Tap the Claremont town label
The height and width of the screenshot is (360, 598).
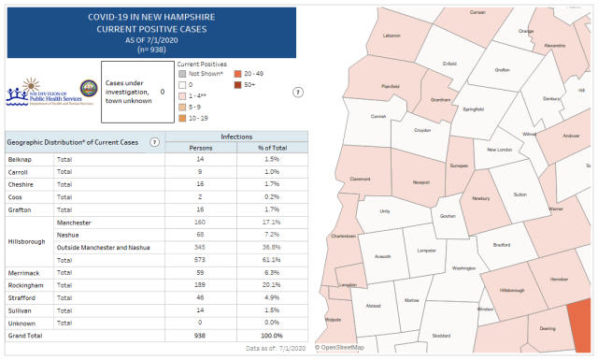(360, 179)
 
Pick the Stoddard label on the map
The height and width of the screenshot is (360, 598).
(441, 335)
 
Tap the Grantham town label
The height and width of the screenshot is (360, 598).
(440, 99)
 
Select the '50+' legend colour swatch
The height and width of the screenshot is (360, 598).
(238, 84)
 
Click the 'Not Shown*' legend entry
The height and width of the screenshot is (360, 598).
(205, 73)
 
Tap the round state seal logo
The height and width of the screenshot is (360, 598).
(89, 94)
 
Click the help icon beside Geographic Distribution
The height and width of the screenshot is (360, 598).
(154, 142)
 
